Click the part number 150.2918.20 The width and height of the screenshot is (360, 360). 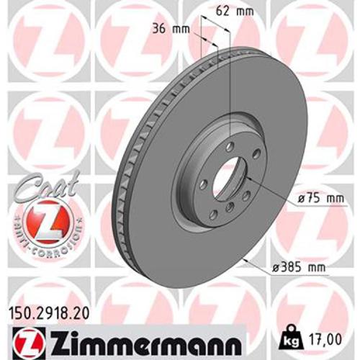point(47,313)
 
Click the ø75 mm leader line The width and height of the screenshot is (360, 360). point(270,189)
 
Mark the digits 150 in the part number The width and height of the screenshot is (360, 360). point(22,313)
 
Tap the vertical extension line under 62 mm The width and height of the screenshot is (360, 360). point(229,79)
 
